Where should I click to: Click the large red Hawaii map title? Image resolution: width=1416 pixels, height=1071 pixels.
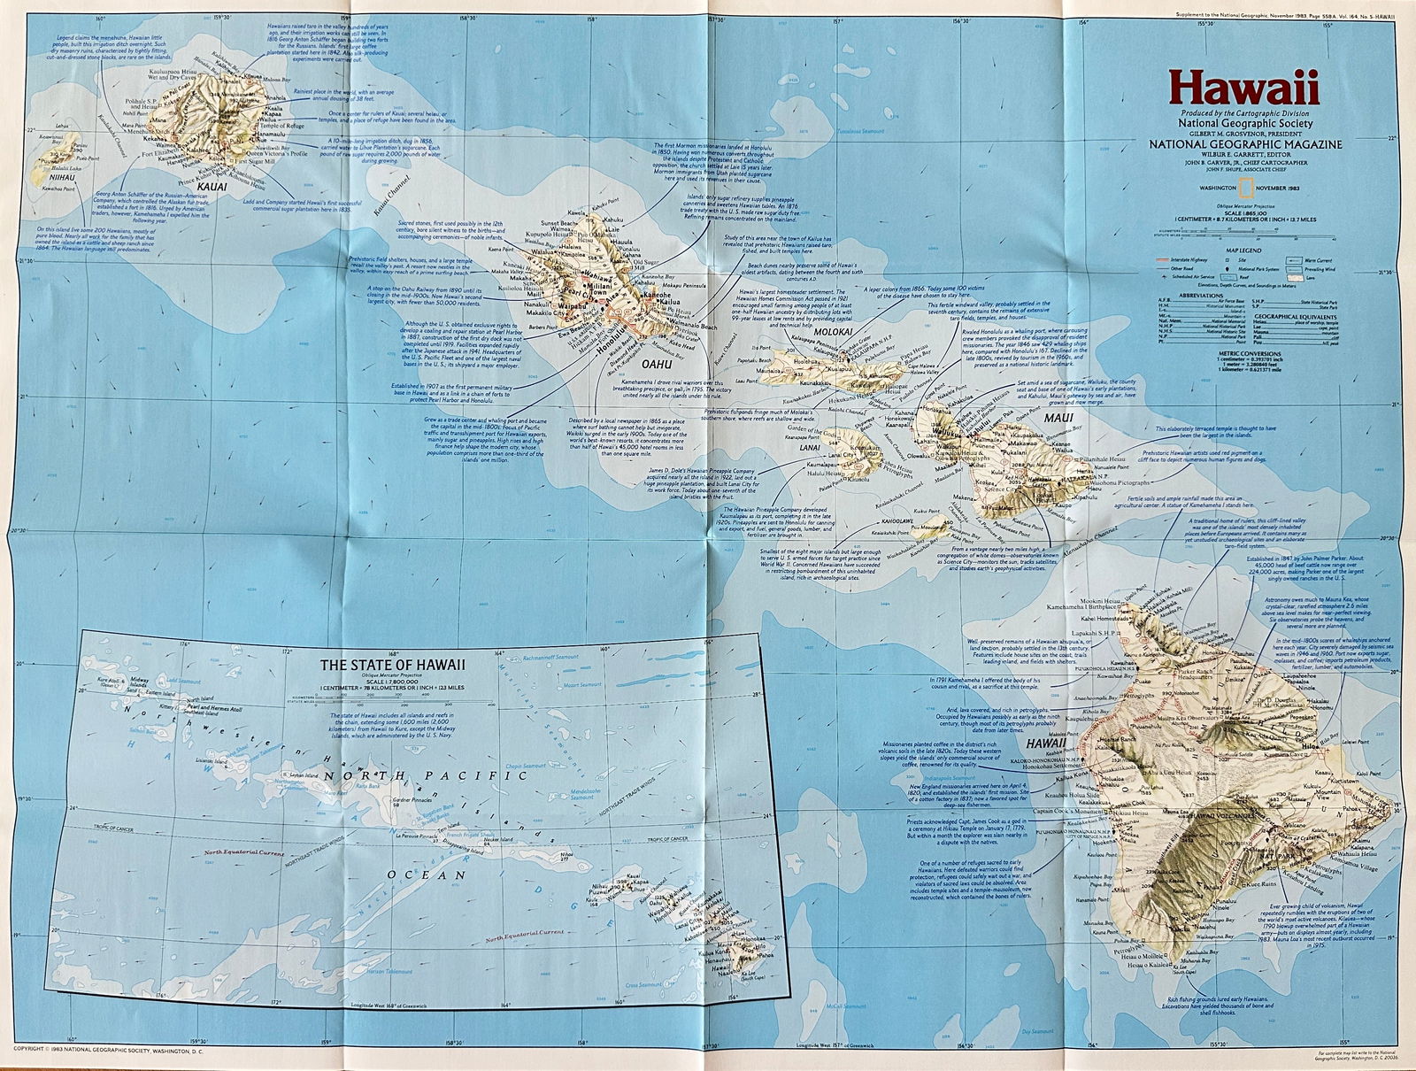(1243, 89)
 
